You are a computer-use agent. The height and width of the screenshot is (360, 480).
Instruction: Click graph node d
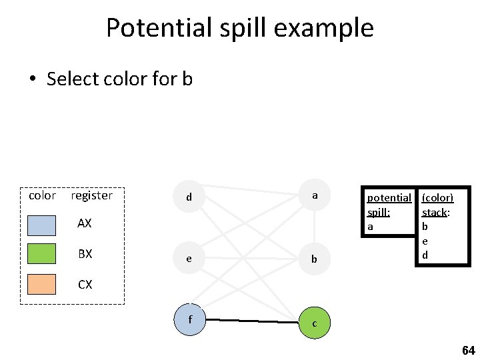(x=189, y=197)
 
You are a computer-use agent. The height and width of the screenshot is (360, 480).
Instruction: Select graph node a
(x=315, y=196)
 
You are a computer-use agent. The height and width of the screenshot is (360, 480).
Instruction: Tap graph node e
(x=189, y=259)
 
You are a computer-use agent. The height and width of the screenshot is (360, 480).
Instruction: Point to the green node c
(x=315, y=323)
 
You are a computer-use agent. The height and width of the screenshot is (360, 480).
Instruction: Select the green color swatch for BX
(x=42, y=254)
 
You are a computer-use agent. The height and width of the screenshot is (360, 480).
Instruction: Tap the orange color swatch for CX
(x=42, y=284)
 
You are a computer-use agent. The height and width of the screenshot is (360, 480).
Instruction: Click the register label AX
(x=85, y=223)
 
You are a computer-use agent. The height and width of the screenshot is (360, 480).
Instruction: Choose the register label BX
(x=85, y=254)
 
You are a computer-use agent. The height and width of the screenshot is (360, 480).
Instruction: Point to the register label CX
(x=85, y=285)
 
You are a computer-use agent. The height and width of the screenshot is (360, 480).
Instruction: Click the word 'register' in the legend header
(x=91, y=195)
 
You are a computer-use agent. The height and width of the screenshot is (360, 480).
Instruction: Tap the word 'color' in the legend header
(x=42, y=195)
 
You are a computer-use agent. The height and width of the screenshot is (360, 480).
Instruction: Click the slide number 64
(x=468, y=350)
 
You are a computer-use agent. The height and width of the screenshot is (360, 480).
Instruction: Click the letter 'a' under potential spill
(x=371, y=227)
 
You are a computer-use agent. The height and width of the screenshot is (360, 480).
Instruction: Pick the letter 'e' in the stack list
(x=425, y=241)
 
